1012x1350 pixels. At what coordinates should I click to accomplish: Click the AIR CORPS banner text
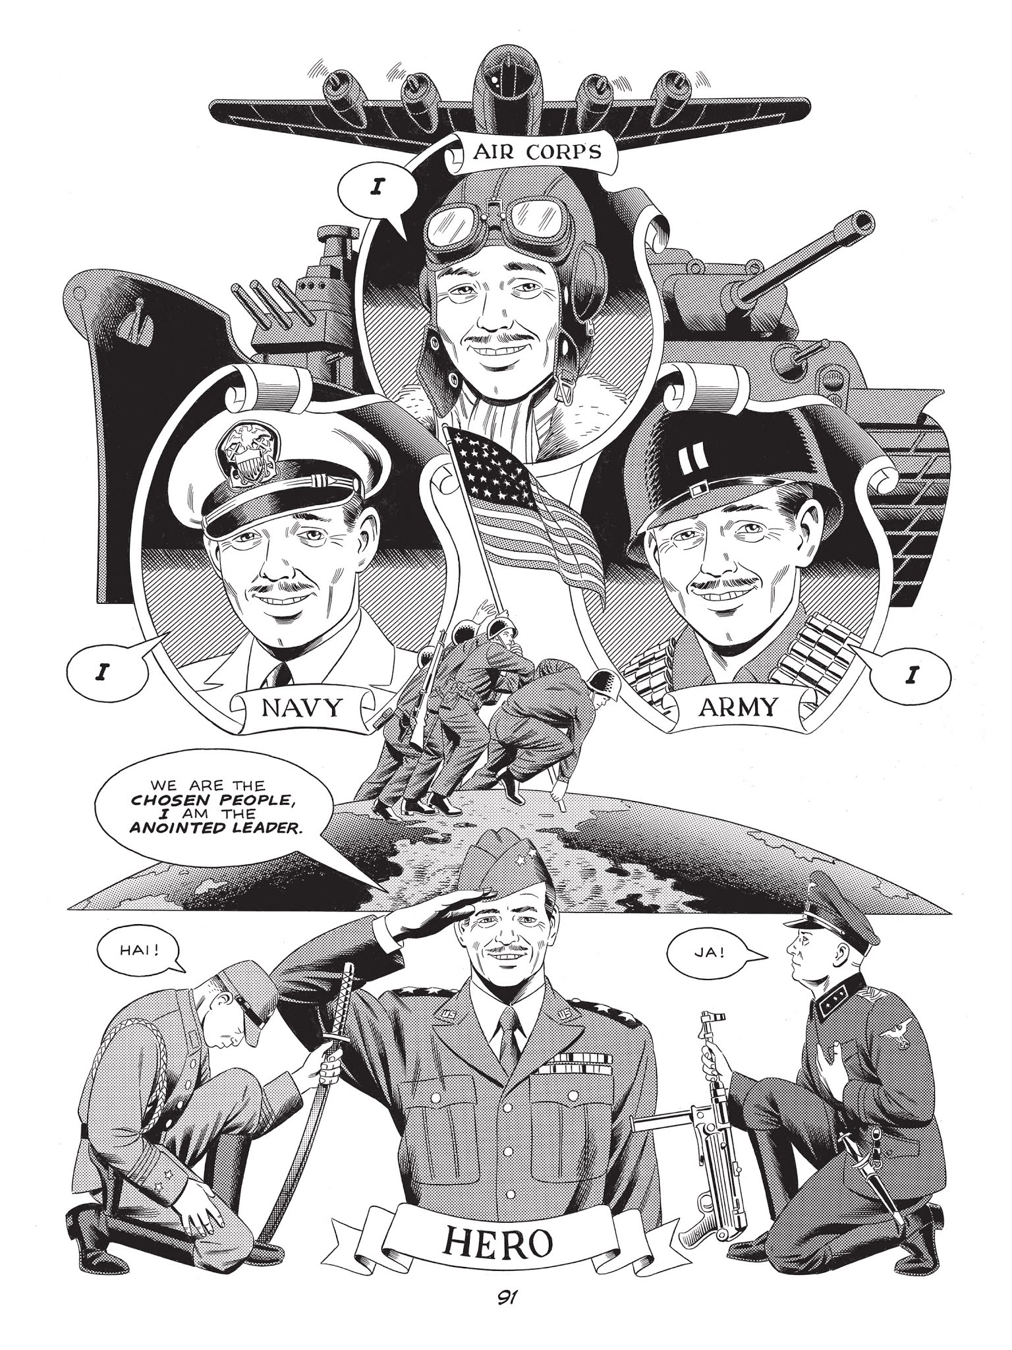[537, 152]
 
